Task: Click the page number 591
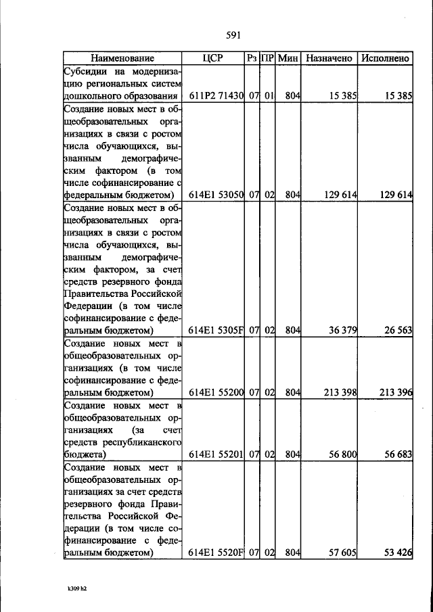click(x=234, y=36)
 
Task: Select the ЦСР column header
click(x=213, y=59)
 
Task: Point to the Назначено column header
click(x=329, y=59)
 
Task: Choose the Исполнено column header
click(x=385, y=59)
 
